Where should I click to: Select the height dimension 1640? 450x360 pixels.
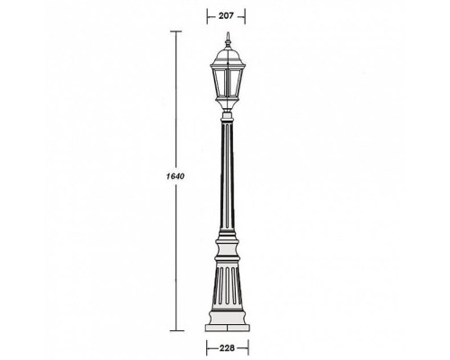tap(175, 175)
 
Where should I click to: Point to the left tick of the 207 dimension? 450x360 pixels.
tap(208, 14)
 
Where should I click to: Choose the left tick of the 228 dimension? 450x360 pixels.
tap(207, 346)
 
